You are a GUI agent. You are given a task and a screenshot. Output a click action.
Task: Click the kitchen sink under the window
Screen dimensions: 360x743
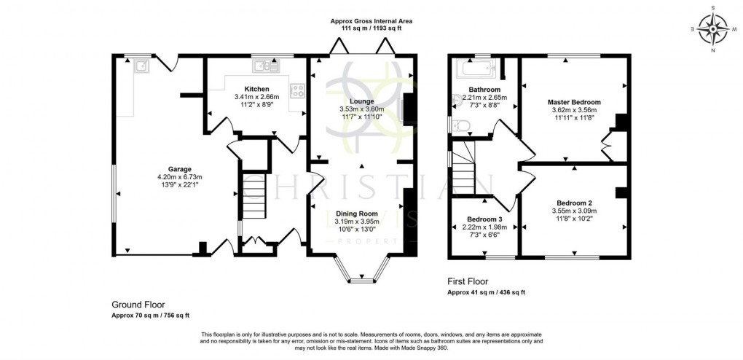point(265,67)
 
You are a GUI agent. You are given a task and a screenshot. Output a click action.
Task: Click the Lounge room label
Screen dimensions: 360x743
point(361,101)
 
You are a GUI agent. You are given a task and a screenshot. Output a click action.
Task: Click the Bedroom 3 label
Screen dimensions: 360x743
point(484,219)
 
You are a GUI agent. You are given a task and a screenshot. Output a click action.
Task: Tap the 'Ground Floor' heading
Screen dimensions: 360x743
point(138,305)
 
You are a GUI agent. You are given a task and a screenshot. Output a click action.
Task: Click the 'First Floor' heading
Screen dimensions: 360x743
point(468,281)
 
